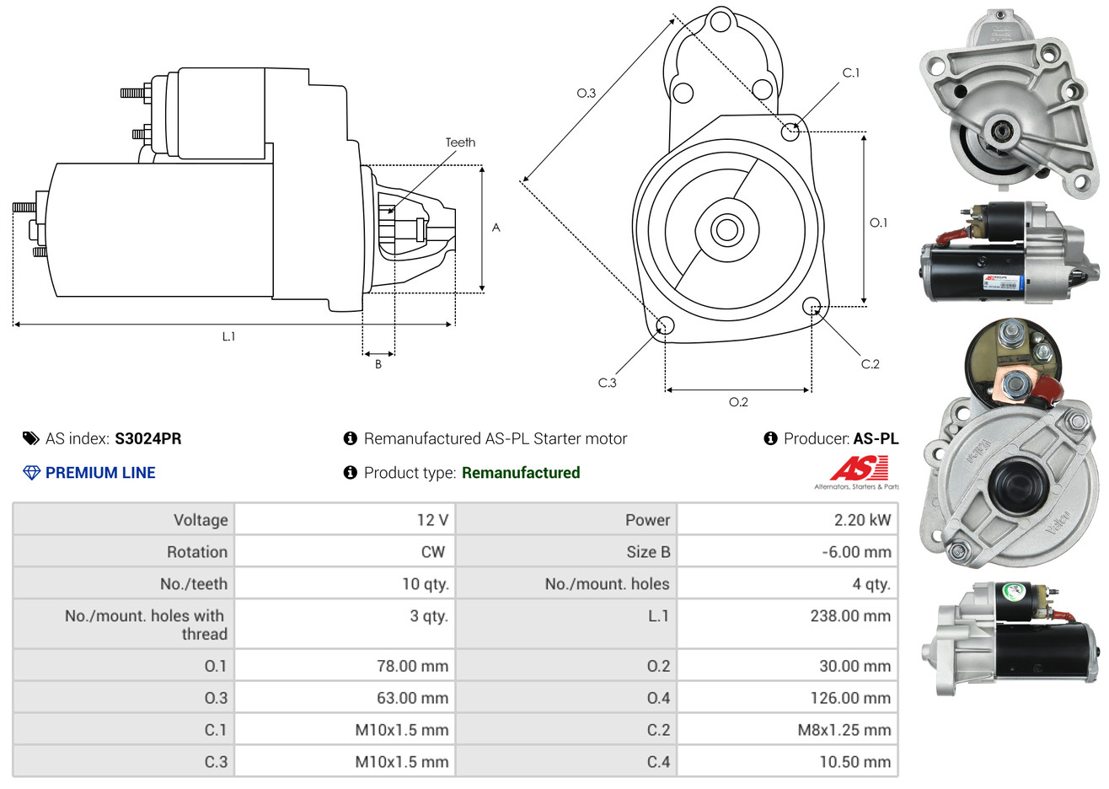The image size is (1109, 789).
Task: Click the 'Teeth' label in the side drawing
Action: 460,142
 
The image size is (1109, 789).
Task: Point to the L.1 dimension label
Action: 228,336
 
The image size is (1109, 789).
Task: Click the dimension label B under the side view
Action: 378,364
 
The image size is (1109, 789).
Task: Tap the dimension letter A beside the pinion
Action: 496,228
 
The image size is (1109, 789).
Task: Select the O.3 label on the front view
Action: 586,93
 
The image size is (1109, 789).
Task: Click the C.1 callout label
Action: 851,72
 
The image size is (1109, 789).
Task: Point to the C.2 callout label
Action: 870,364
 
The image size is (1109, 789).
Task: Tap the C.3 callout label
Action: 607,383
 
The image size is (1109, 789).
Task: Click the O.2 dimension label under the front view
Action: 738,402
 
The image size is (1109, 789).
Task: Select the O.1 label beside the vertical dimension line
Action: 878,223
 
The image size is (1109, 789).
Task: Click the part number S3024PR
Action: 148,438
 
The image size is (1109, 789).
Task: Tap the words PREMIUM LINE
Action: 100,473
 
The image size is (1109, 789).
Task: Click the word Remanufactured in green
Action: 521,473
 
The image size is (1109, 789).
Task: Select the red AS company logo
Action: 859,468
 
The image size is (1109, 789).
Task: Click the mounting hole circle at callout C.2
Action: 812,305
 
